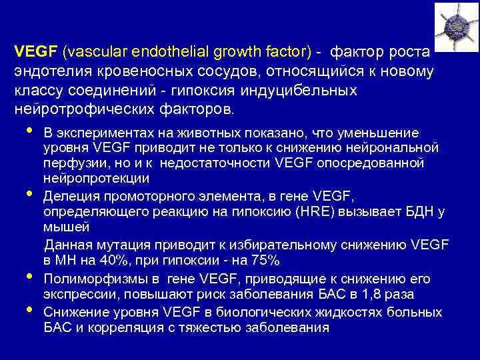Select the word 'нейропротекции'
(x=97, y=179)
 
